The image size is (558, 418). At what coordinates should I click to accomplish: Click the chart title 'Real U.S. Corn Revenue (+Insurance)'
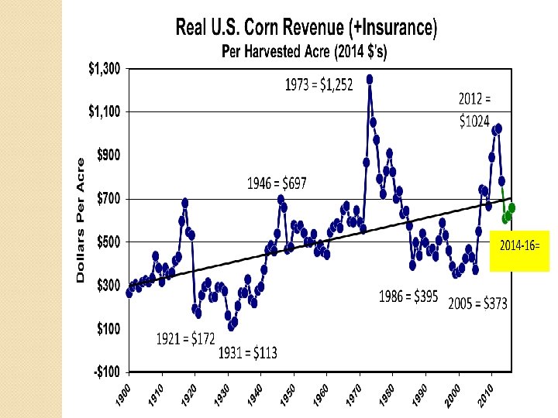point(307,29)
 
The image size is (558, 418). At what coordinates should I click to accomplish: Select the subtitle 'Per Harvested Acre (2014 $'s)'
point(305,53)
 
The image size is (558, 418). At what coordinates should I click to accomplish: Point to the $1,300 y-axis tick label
point(102,69)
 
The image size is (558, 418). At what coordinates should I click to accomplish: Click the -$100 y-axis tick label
point(107,372)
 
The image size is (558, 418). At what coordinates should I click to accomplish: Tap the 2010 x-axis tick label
point(487,391)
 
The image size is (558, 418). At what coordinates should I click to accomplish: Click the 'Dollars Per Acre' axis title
point(80,221)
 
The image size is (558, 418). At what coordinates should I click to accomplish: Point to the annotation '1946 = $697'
point(277,183)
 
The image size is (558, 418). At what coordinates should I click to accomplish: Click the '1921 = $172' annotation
point(185,338)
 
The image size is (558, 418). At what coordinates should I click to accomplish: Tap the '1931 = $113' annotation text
point(247,354)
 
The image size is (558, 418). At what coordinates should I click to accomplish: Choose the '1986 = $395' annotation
point(408,296)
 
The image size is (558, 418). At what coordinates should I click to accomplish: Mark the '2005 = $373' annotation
point(477,303)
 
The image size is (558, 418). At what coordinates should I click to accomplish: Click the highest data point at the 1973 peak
point(370,79)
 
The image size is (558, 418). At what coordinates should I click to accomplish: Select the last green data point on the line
point(511,207)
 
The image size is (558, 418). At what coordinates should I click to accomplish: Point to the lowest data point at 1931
point(232,326)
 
